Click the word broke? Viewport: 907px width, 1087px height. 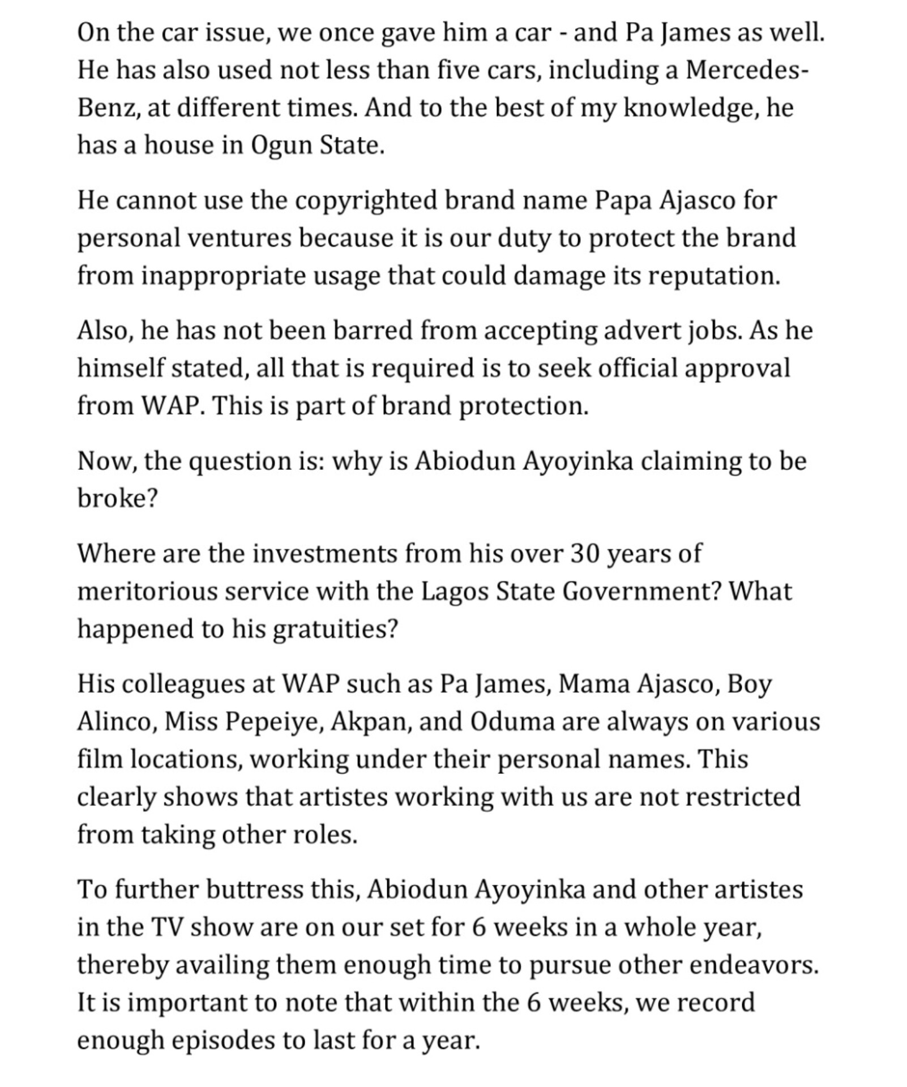click(117, 499)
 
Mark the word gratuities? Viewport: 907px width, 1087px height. click(336, 629)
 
